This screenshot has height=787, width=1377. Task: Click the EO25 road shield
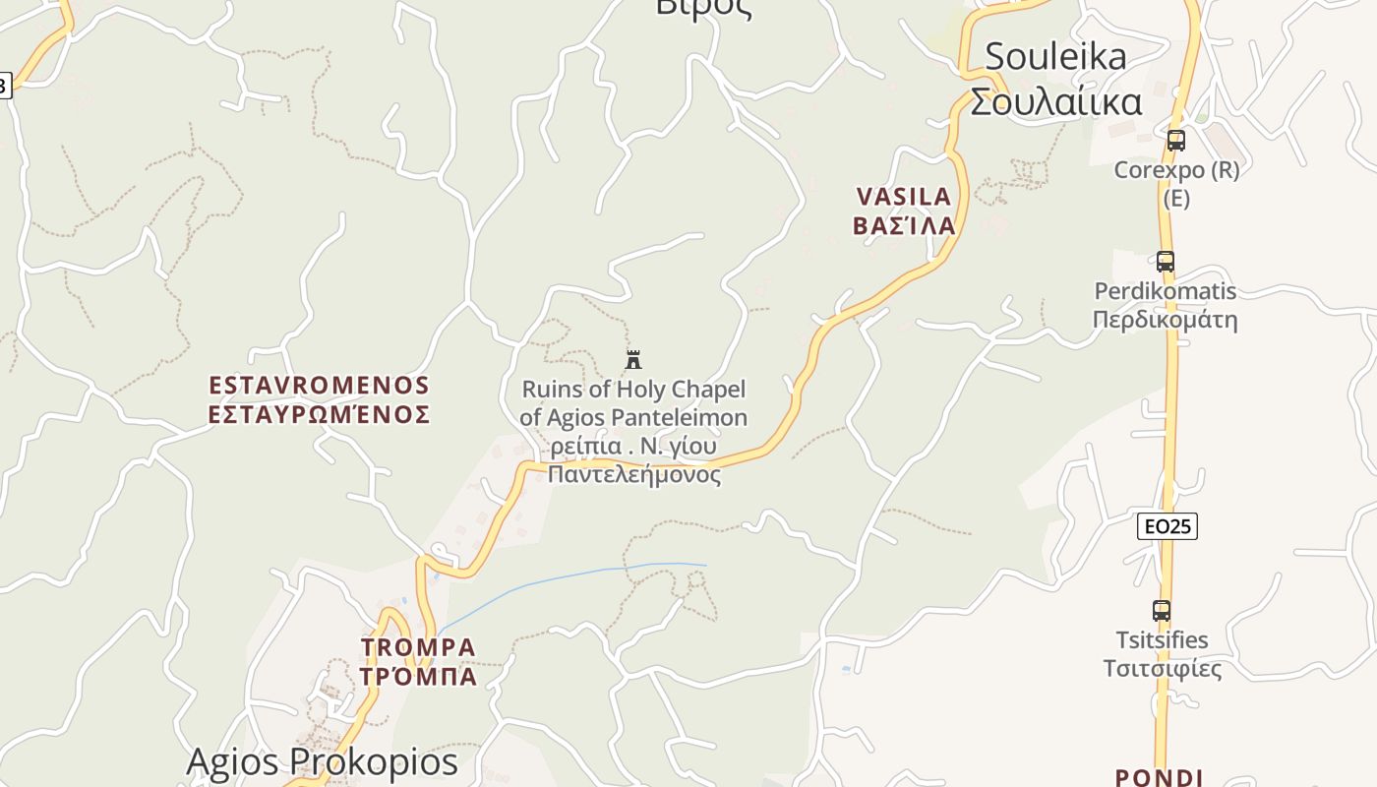point(1167,526)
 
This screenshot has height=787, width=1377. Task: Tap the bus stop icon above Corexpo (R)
point(1175,141)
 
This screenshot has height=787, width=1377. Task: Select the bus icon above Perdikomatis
point(1166,262)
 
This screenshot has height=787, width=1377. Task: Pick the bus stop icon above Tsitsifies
point(1162,611)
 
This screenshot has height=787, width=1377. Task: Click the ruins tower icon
point(633,359)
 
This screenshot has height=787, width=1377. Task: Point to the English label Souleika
point(1055,56)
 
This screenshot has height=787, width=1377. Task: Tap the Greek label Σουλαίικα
point(1055,101)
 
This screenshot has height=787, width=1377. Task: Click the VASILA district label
point(904,197)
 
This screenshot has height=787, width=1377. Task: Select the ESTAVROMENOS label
point(320,385)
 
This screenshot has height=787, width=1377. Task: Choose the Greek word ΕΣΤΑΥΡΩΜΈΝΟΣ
point(320,414)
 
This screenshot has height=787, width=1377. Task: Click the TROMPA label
point(418,647)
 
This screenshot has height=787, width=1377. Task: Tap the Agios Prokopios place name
point(322,761)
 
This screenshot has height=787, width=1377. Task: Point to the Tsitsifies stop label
point(1162,640)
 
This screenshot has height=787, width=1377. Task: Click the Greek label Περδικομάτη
point(1166,320)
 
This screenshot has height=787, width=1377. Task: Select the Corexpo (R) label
point(1176,169)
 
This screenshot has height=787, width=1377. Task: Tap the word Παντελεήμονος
point(633,475)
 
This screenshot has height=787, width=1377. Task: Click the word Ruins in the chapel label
point(552,389)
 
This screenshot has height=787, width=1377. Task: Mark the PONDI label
point(1160,778)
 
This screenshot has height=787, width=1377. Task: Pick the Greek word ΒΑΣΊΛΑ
point(904,225)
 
